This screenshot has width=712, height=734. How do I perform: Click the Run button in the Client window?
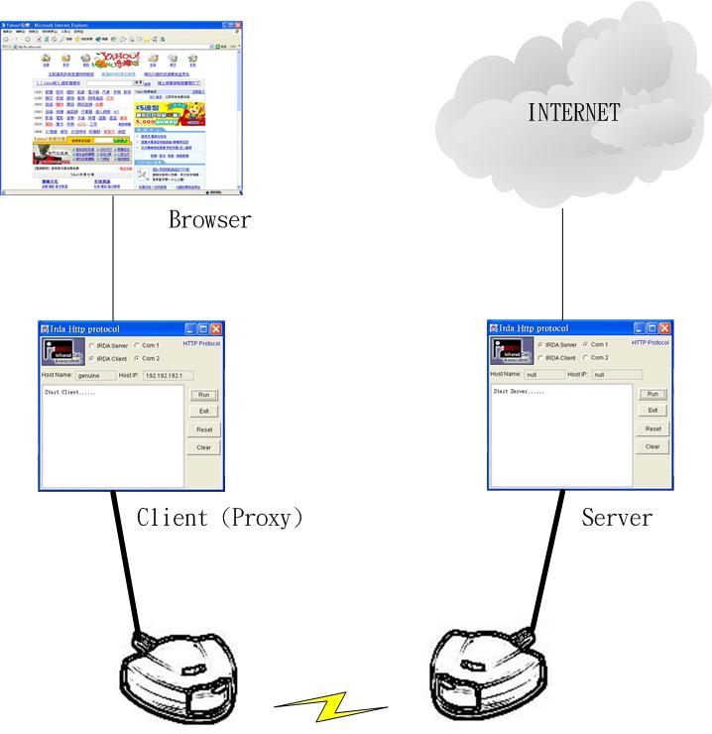coord(202,395)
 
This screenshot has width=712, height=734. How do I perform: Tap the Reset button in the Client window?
coord(202,429)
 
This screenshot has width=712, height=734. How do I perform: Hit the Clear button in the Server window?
coord(652,446)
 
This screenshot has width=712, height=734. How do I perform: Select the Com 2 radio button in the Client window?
coord(137,358)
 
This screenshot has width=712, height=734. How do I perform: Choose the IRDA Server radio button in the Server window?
coord(539,344)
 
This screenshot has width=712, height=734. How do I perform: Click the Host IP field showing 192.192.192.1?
coord(170,376)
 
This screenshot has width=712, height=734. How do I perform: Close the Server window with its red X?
coord(665,327)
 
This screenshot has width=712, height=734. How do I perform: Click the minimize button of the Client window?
coord(189,328)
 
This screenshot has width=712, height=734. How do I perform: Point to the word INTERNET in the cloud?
coord(574,112)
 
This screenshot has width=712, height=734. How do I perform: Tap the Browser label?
coord(209,220)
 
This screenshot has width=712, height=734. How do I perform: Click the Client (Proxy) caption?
coord(219,517)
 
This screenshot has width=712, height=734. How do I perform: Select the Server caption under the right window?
coord(617,517)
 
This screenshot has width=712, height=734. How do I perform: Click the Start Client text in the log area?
coord(70,393)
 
